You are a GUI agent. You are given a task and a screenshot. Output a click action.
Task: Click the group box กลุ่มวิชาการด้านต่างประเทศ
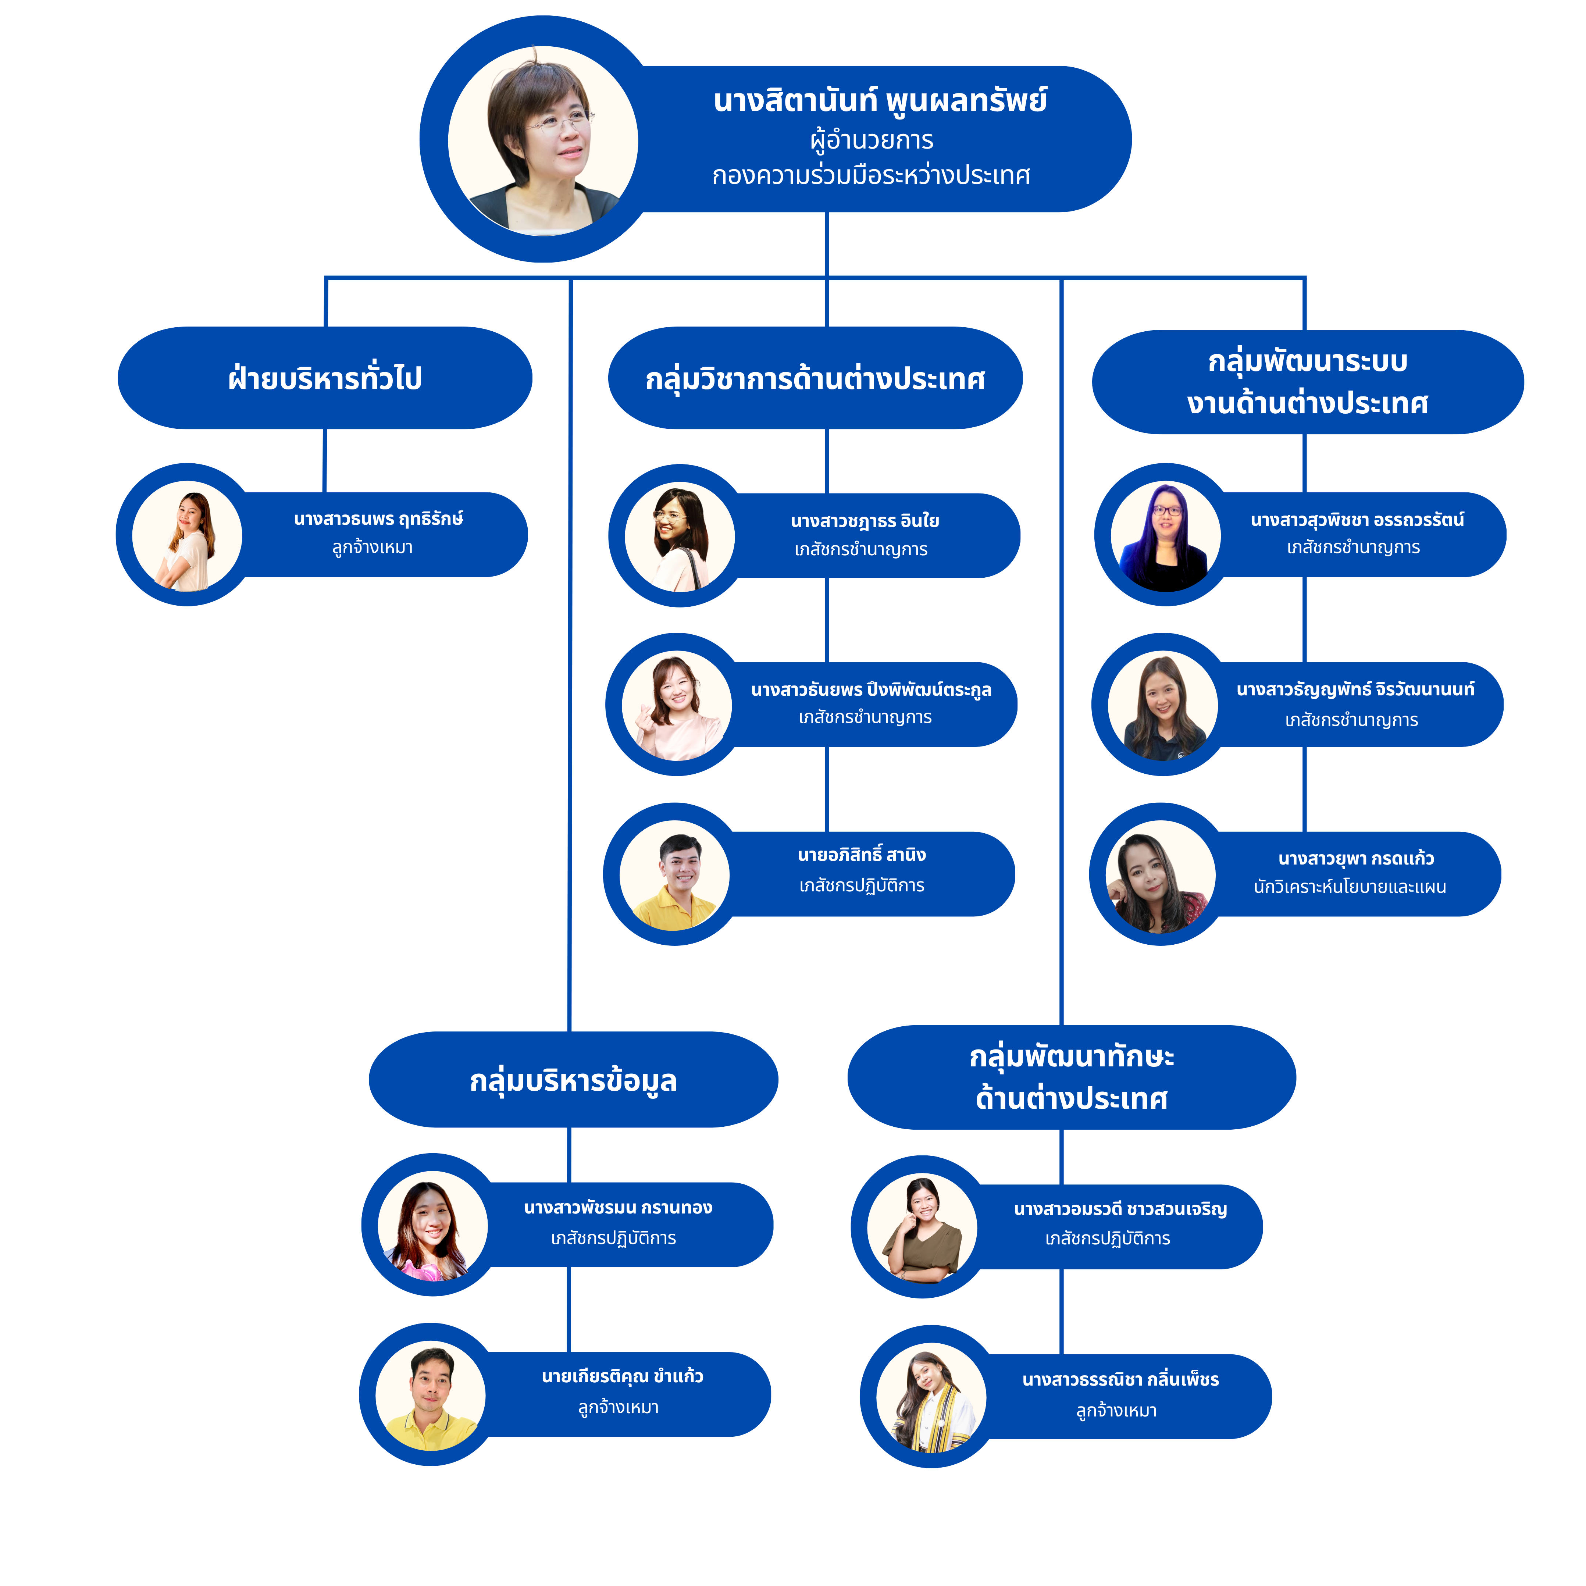pos(815,378)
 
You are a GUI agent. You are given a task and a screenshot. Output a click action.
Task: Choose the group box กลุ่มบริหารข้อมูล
pos(573,1080)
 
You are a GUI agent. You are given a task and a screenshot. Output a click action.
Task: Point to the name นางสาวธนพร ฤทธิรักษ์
pos(378,519)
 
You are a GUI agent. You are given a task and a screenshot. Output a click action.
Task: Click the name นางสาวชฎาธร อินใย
pos(865,521)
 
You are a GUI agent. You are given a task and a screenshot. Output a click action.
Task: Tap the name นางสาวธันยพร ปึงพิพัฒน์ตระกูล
pos(871,689)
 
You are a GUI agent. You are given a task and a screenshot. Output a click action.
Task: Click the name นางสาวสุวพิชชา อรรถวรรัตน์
pos(1357,520)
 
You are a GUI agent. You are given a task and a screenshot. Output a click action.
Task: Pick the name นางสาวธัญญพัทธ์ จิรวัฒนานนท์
pos(1355,689)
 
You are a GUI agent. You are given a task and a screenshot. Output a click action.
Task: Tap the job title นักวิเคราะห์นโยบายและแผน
pos(1350,887)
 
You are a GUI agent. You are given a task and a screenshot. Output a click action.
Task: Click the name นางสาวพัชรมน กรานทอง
pos(618,1208)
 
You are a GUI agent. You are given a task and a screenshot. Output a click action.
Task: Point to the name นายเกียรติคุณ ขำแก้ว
pos(622,1377)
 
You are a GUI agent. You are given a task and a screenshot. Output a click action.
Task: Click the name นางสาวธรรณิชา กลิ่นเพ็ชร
pos(1120,1380)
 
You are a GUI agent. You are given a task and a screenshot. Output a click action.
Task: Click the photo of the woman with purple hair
pos(1166,536)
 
